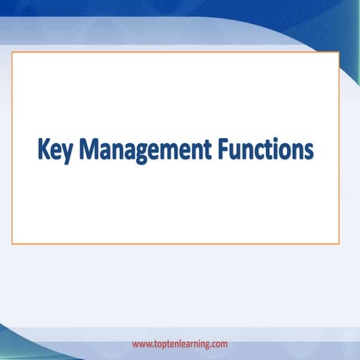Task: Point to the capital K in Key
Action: coord(43,148)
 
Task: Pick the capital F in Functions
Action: coord(222,148)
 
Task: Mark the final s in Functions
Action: coord(307,151)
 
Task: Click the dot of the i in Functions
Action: coord(269,139)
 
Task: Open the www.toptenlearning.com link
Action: coord(180,344)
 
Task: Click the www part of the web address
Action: coord(142,344)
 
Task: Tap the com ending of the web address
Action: coord(219,344)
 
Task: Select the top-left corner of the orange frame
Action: coord(12,52)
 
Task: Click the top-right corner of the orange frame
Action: coord(338,52)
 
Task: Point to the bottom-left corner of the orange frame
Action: coord(12,243)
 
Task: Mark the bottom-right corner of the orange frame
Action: coord(338,243)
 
